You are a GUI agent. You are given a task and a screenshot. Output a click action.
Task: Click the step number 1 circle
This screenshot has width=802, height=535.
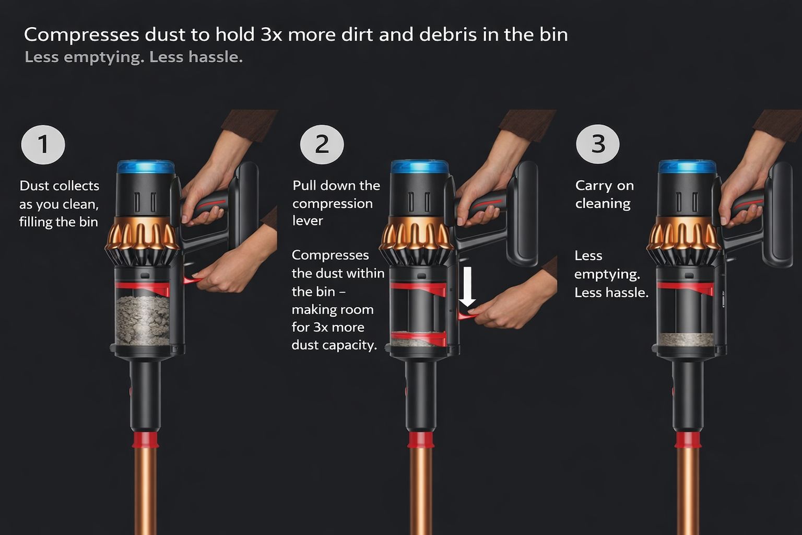pyautogui.click(x=43, y=144)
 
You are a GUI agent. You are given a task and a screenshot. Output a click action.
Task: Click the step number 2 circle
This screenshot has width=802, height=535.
pyautogui.click(x=322, y=144)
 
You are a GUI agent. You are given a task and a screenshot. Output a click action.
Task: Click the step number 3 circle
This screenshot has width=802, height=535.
pyautogui.click(x=597, y=144)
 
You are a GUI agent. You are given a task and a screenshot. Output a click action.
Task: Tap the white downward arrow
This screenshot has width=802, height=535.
pyautogui.click(x=467, y=286)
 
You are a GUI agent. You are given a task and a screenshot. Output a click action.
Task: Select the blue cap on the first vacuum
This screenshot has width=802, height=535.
pyautogui.click(x=146, y=167)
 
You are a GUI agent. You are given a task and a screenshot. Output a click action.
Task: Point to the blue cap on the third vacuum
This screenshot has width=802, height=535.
pyautogui.click(x=688, y=167)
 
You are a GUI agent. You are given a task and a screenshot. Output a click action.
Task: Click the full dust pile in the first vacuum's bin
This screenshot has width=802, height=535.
pyautogui.click(x=143, y=320)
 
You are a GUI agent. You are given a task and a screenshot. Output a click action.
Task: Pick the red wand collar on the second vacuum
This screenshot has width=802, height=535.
pyautogui.click(x=421, y=440)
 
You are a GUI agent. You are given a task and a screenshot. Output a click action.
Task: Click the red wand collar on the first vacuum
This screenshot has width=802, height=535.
pyautogui.click(x=145, y=440)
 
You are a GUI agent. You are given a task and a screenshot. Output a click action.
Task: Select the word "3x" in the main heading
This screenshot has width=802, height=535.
pyautogui.click(x=272, y=35)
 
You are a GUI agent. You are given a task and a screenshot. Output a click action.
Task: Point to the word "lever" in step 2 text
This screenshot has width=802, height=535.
pyautogui.click(x=308, y=220)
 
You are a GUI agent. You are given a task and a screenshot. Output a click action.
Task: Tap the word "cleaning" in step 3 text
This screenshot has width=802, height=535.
pyautogui.click(x=603, y=204)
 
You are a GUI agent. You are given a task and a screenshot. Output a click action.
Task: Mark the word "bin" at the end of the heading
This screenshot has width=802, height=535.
pyautogui.click(x=556, y=35)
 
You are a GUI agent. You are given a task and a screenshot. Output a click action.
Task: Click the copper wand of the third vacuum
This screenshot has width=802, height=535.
pyautogui.click(x=688, y=491)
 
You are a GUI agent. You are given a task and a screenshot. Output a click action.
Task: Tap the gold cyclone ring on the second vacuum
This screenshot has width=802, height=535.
pyautogui.click(x=417, y=233)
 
